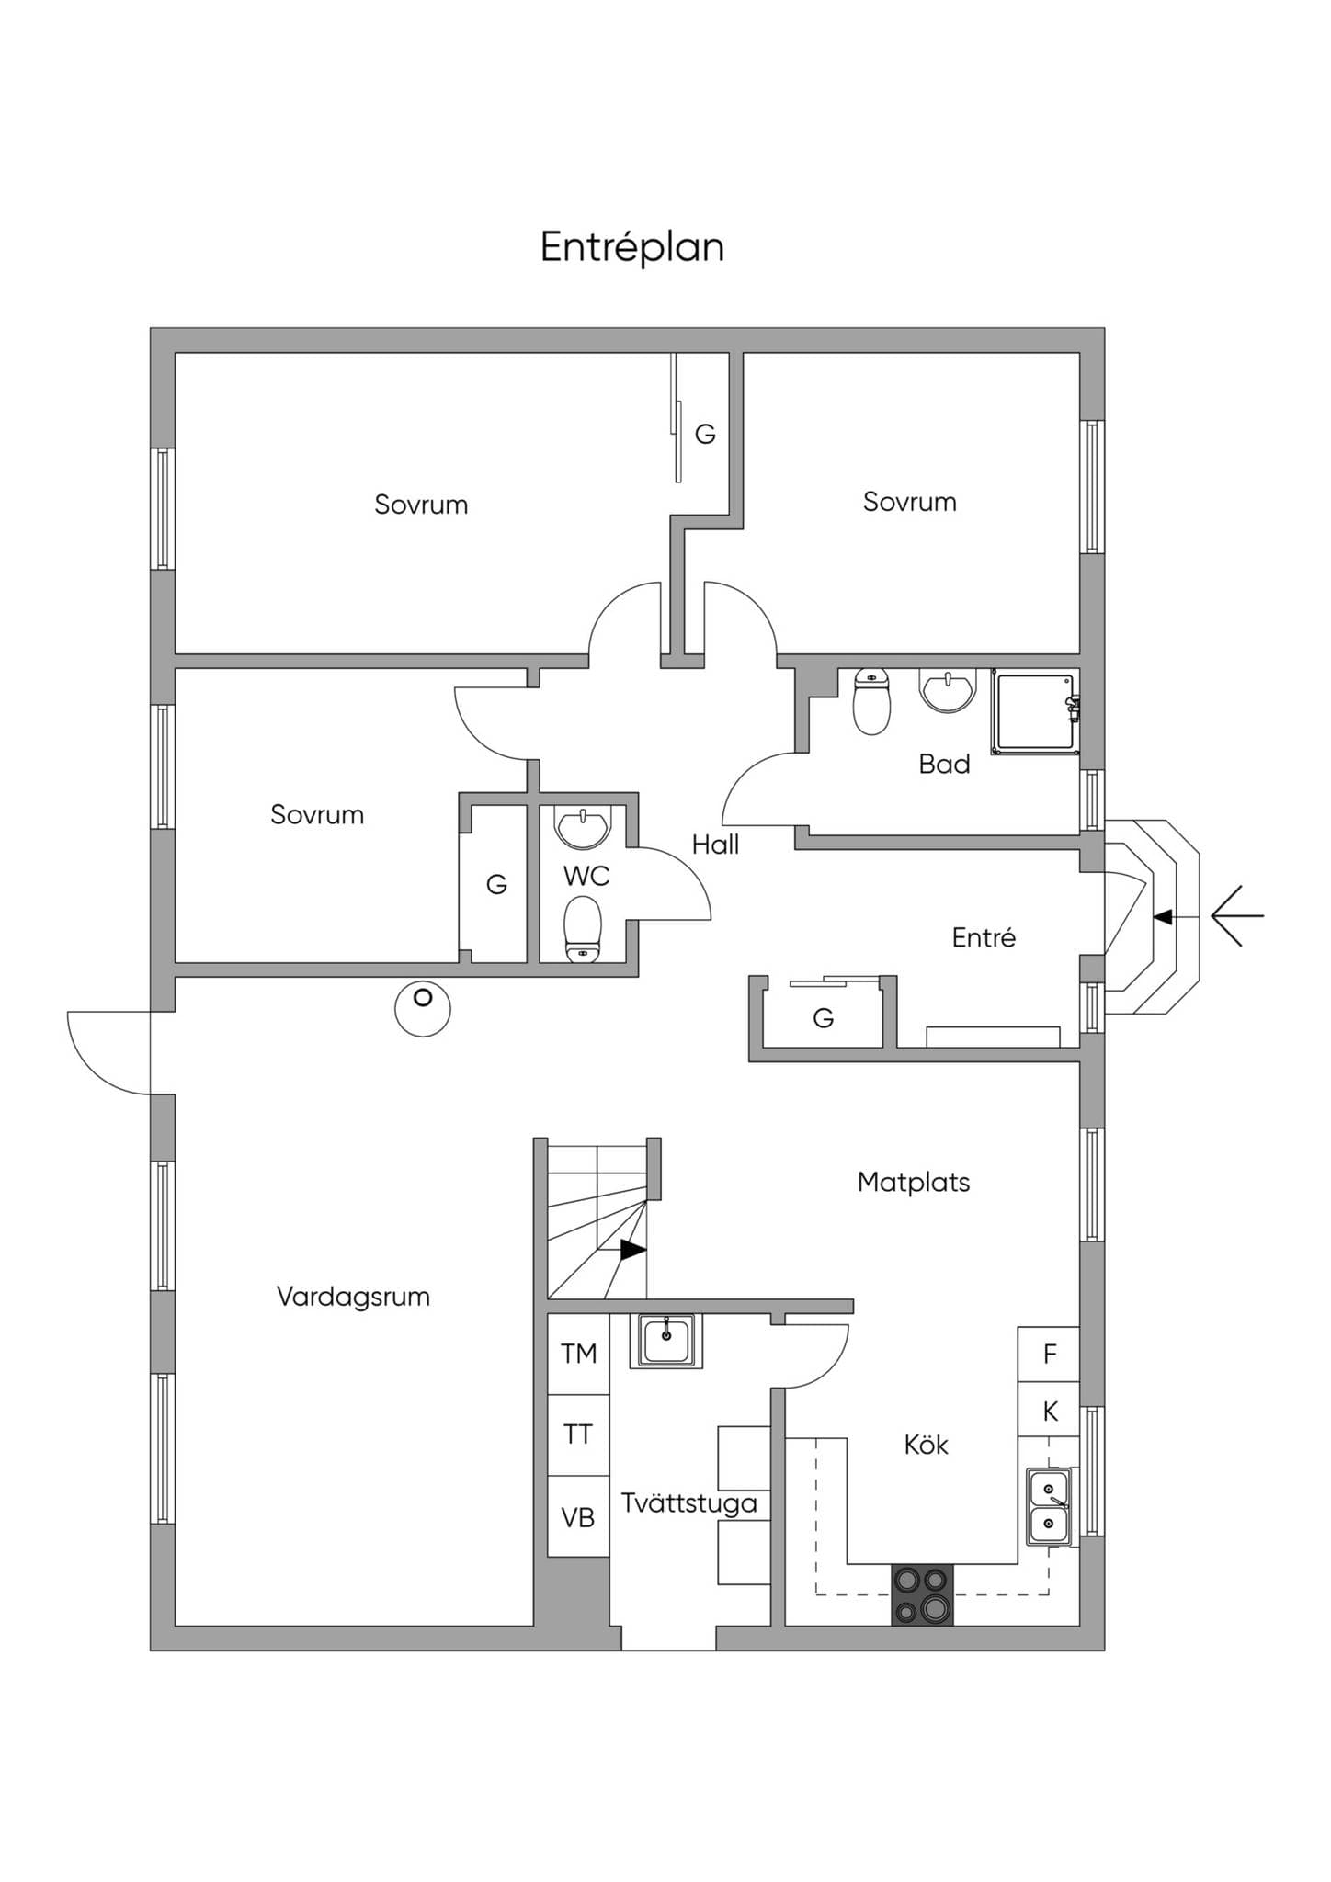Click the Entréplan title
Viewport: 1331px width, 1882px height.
pos(632,247)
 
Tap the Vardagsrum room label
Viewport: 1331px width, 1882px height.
pos(353,1297)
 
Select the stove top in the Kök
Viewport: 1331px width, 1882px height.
pos(922,1593)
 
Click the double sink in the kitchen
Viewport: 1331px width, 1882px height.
pos(1049,1506)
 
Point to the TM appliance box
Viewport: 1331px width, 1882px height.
pos(578,1354)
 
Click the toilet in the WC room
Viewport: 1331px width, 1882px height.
pos(583,929)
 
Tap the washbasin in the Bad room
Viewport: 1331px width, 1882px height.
pos(948,690)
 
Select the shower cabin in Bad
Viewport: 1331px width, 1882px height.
pos(1033,712)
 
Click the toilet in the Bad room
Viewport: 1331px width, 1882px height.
pos(871,702)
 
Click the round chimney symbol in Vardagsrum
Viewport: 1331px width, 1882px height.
pos(423,1008)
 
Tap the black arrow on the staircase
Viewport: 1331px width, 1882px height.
pos(632,1250)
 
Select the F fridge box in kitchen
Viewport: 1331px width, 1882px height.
pos(1048,1355)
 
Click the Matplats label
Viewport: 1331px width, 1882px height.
pos(914,1182)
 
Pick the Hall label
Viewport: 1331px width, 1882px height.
pos(715,845)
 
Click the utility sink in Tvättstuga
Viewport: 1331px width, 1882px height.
pos(666,1341)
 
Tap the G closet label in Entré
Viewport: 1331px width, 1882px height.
pos(824,1018)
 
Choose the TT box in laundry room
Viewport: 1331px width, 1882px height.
pos(578,1434)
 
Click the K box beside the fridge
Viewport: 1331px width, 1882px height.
pos(1048,1411)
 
